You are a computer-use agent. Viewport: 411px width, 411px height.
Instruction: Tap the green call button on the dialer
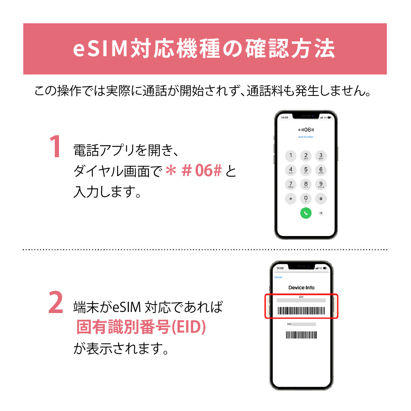click(x=306, y=213)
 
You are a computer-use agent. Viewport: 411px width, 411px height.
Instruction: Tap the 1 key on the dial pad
click(x=291, y=156)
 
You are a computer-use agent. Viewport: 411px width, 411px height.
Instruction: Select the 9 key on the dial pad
click(x=321, y=185)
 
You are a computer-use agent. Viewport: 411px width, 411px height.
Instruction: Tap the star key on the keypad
click(x=291, y=199)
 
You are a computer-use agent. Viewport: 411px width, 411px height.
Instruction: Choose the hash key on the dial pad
click(x=321, y=199)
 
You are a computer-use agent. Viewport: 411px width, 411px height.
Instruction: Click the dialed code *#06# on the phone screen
click(x=306, y=130)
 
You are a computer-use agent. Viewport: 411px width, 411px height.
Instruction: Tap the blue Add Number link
click(x=306, y=137)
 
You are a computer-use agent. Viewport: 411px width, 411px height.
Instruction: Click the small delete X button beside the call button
click(x=321, y=213)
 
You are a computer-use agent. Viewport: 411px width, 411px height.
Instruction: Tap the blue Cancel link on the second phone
click(x=278, y=277)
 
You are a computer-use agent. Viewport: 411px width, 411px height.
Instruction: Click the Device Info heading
click(x=301, y=288)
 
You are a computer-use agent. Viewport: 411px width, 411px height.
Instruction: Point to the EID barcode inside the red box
click(x=301, y=311)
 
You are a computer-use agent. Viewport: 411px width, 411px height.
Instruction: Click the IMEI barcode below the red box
click(x=301, y=335)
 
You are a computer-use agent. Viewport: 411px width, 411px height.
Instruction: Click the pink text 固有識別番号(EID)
click(x=141, y=327)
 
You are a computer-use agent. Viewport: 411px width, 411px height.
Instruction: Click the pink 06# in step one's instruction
click(x=208, y=171)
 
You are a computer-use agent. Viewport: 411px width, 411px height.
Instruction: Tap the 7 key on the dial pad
click(x=291, y=185)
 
